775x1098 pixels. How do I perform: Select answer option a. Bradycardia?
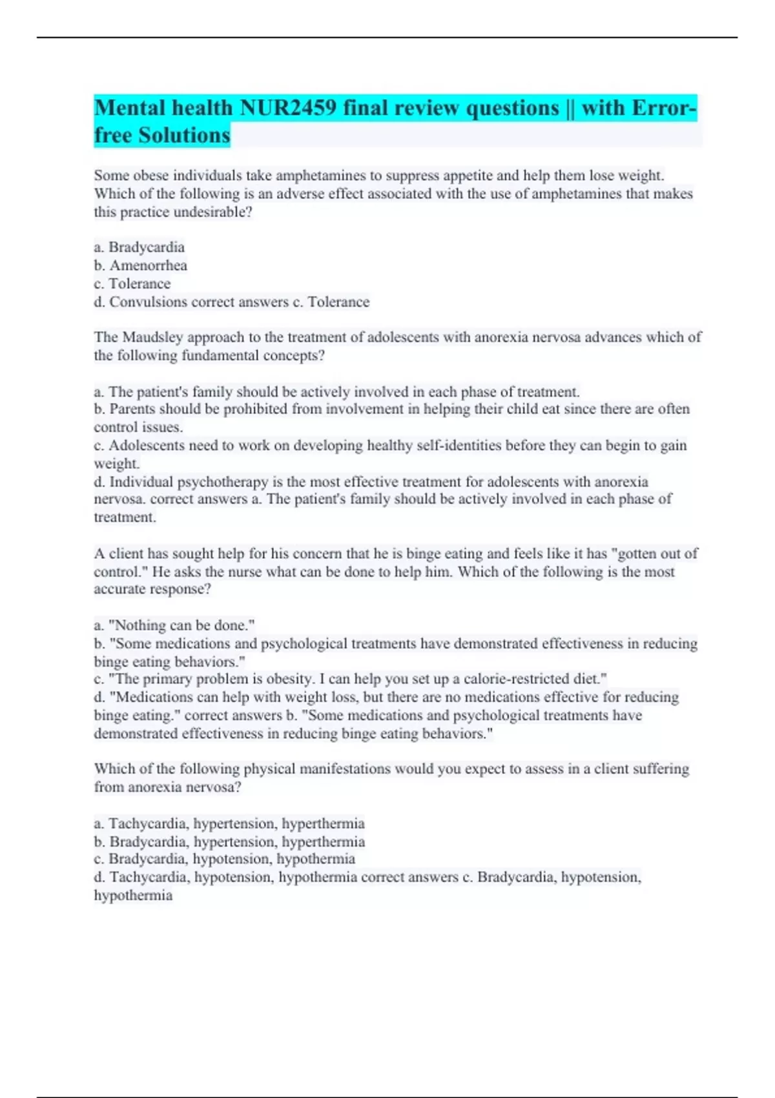pos(139,247)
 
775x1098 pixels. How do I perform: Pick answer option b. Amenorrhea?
pos(141,265)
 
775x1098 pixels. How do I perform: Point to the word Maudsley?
pos(153,337)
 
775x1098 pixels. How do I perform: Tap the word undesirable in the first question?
pos(210,212)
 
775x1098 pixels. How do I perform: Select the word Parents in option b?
pos(132,409)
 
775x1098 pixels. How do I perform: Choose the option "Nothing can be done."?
pos(174,625)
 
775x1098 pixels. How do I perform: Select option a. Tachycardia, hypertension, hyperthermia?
pos(229,823)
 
